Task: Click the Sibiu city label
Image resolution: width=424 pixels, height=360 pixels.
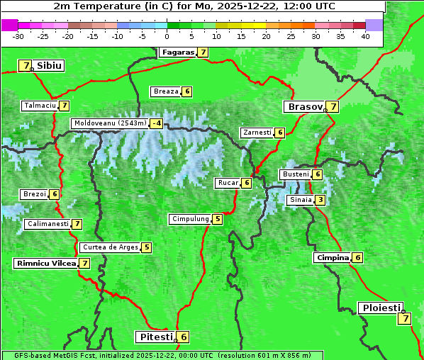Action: [x=50, y=65]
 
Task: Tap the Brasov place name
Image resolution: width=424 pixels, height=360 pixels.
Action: [x=303, y=107]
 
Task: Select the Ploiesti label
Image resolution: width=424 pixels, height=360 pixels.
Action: [x=381, y=308]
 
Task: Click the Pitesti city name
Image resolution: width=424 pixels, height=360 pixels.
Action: [x=155, y=337]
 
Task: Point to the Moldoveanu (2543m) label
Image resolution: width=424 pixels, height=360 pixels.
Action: [x=109, y=123]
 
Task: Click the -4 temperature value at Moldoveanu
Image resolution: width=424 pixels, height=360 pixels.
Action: [x=156, y=123]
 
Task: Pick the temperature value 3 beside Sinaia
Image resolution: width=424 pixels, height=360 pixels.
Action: [x=320, y=200]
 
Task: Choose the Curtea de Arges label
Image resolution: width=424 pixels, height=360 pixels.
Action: [x=109, y=247]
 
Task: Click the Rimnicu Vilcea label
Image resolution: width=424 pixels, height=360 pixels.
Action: [x=45, y=263]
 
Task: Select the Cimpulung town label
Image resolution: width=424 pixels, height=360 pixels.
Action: [x=189, y=219]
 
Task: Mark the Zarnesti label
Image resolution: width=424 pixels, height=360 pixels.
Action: [x=257, y=133]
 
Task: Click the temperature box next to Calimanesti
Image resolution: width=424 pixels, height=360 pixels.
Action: [x=77, y=224]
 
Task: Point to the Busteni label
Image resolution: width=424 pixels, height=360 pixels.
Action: [x=295, y=174]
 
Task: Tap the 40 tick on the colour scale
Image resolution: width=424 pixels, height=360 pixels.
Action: [x=365, y=36]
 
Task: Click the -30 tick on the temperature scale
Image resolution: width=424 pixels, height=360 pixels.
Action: [x=18, y=36]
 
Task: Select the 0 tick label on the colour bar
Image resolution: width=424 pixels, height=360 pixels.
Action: [x=167, y=36]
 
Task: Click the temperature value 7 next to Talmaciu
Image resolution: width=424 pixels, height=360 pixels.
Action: [x=65, y=106]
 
